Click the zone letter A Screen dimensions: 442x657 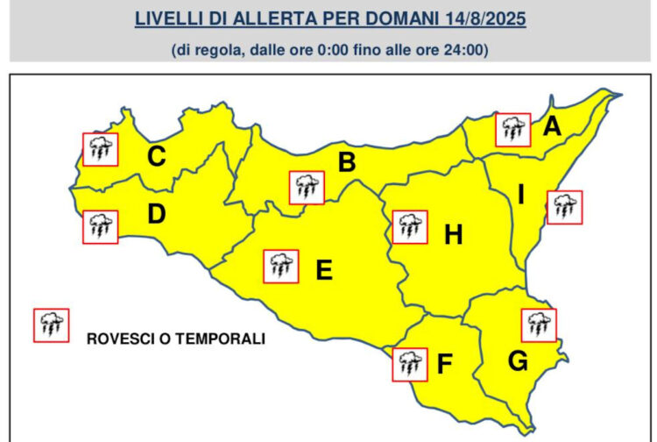[x=551, y=127]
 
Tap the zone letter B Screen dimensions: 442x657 [x=347, y=162]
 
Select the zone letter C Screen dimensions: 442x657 [x=157, y=157]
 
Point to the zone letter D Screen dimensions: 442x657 [x=157, y=213]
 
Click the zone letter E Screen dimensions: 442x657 [x=323, y=271]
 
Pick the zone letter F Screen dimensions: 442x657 [x=444, y=364]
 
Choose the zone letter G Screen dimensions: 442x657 [x=518, y=360]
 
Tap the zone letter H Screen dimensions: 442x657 [x=453, y=234]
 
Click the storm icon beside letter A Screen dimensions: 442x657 [x=513, y=130]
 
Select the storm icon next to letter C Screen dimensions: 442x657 [x=100, y=149]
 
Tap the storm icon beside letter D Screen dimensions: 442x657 [x=100, y=226]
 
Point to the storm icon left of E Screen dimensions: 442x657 [x=280, y=266]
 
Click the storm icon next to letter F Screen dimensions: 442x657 [x=409, y=364]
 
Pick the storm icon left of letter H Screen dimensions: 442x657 [x=409, y=226]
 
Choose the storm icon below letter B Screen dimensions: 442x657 [x=307, y=187]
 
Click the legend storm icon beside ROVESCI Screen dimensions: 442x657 [x=50, y=324]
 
